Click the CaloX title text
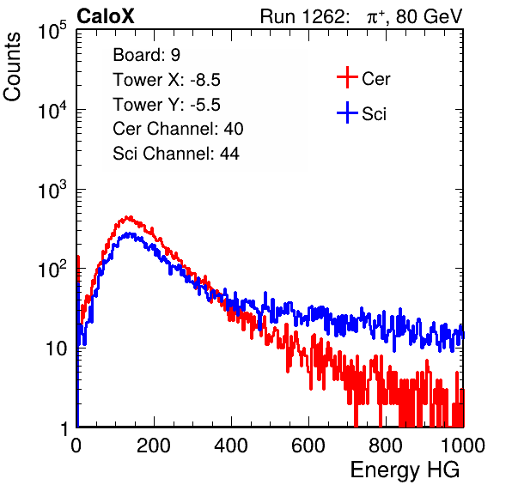coord(105,16)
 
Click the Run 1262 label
coord(302,16)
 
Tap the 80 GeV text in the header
coord(429,16)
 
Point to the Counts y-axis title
coord(12,67)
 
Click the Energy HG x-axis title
coord(405,470)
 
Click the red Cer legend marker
coord(347,77)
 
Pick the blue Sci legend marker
coord(347,113)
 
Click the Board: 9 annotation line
coord(146,55)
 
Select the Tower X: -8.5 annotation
coord(167,80)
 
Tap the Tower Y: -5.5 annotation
coord(167,105)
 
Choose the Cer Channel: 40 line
coord(178,129)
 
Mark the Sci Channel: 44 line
coord(176,153)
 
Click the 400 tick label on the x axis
coord(231,446)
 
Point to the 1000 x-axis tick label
coord(463,446)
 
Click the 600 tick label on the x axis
coord(308,446)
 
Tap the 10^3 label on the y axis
coord(52,190)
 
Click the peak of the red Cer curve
coord(130,216)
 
